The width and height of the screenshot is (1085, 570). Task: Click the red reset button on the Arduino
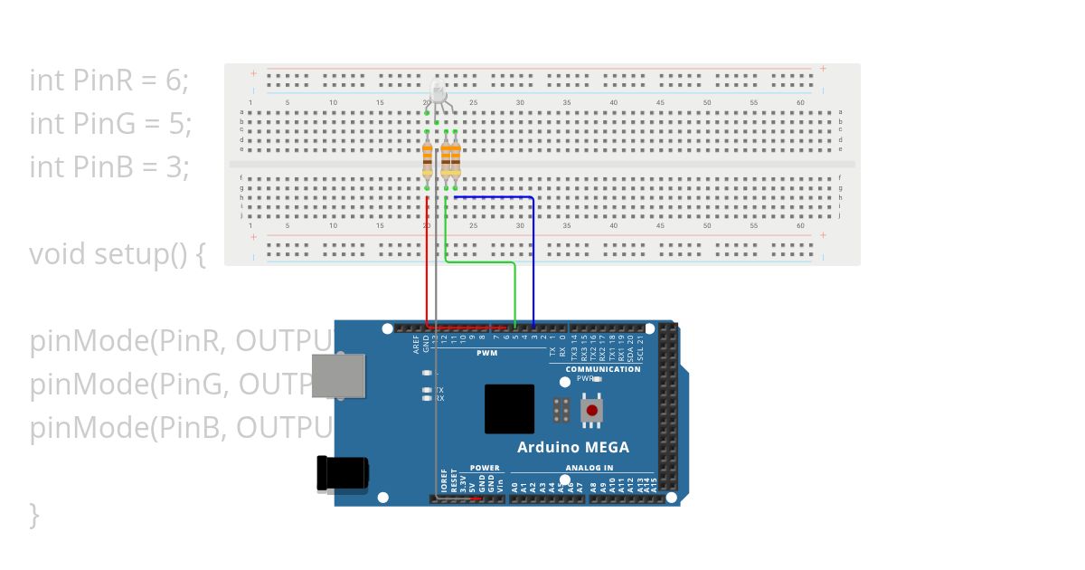coord(592,411)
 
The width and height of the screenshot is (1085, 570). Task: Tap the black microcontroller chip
coord(509,409)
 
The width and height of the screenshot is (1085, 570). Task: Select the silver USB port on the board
coord(338,375)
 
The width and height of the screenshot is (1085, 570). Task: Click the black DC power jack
coord(342,473)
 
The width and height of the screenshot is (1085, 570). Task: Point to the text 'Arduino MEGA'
coord(573,447)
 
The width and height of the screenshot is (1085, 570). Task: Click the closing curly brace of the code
coord(34,515)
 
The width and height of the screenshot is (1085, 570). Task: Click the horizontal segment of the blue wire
coord(493,196)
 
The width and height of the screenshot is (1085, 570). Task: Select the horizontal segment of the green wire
coord(479,263)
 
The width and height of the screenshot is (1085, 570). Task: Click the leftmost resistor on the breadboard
coord(427,162)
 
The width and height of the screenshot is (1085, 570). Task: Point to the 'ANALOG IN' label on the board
coord(590,468)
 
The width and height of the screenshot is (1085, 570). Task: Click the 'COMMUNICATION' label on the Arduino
coord(603,369)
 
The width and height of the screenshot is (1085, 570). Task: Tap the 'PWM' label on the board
coord(488,352)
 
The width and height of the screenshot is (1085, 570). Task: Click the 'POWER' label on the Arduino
coord(485,468)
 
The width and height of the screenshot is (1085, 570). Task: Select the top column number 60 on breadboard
coord(800,102)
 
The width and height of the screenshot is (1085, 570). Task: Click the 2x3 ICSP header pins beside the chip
coord(561,410)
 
